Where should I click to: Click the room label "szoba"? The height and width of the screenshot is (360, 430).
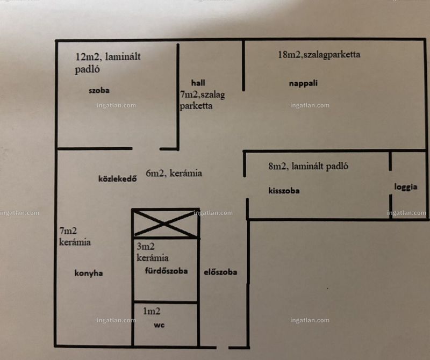(99, 90)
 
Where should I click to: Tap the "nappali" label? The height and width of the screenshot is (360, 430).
(303, 83)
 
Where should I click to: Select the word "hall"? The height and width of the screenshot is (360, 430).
(198, 83)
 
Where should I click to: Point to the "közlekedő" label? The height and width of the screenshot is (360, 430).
(117, 179)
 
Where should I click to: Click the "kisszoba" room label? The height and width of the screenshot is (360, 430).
(284, 191)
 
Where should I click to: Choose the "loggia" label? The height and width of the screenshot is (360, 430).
(406, 187)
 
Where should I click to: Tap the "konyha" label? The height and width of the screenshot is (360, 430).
(89, 273)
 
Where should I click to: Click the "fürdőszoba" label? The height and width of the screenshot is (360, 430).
(166, 271)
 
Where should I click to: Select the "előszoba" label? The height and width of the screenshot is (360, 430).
(220, 272)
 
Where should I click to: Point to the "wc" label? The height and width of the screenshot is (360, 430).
(159, 325)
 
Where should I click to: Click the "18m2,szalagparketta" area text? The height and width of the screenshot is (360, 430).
(319, 54)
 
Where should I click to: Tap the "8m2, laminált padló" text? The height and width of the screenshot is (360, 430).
(308, 166)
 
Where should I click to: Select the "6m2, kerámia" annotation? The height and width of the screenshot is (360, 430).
(174, 173)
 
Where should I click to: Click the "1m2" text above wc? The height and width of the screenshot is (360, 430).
(152, 311)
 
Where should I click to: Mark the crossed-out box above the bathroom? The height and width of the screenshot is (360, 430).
(166, 224)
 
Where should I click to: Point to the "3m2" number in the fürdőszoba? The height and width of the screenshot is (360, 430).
(146, 246)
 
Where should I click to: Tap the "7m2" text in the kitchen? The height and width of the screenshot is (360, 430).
(68, 231)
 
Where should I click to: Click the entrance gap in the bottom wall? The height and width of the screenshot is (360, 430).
(223, 348)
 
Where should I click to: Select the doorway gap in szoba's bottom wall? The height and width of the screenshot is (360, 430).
(146, 149)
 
